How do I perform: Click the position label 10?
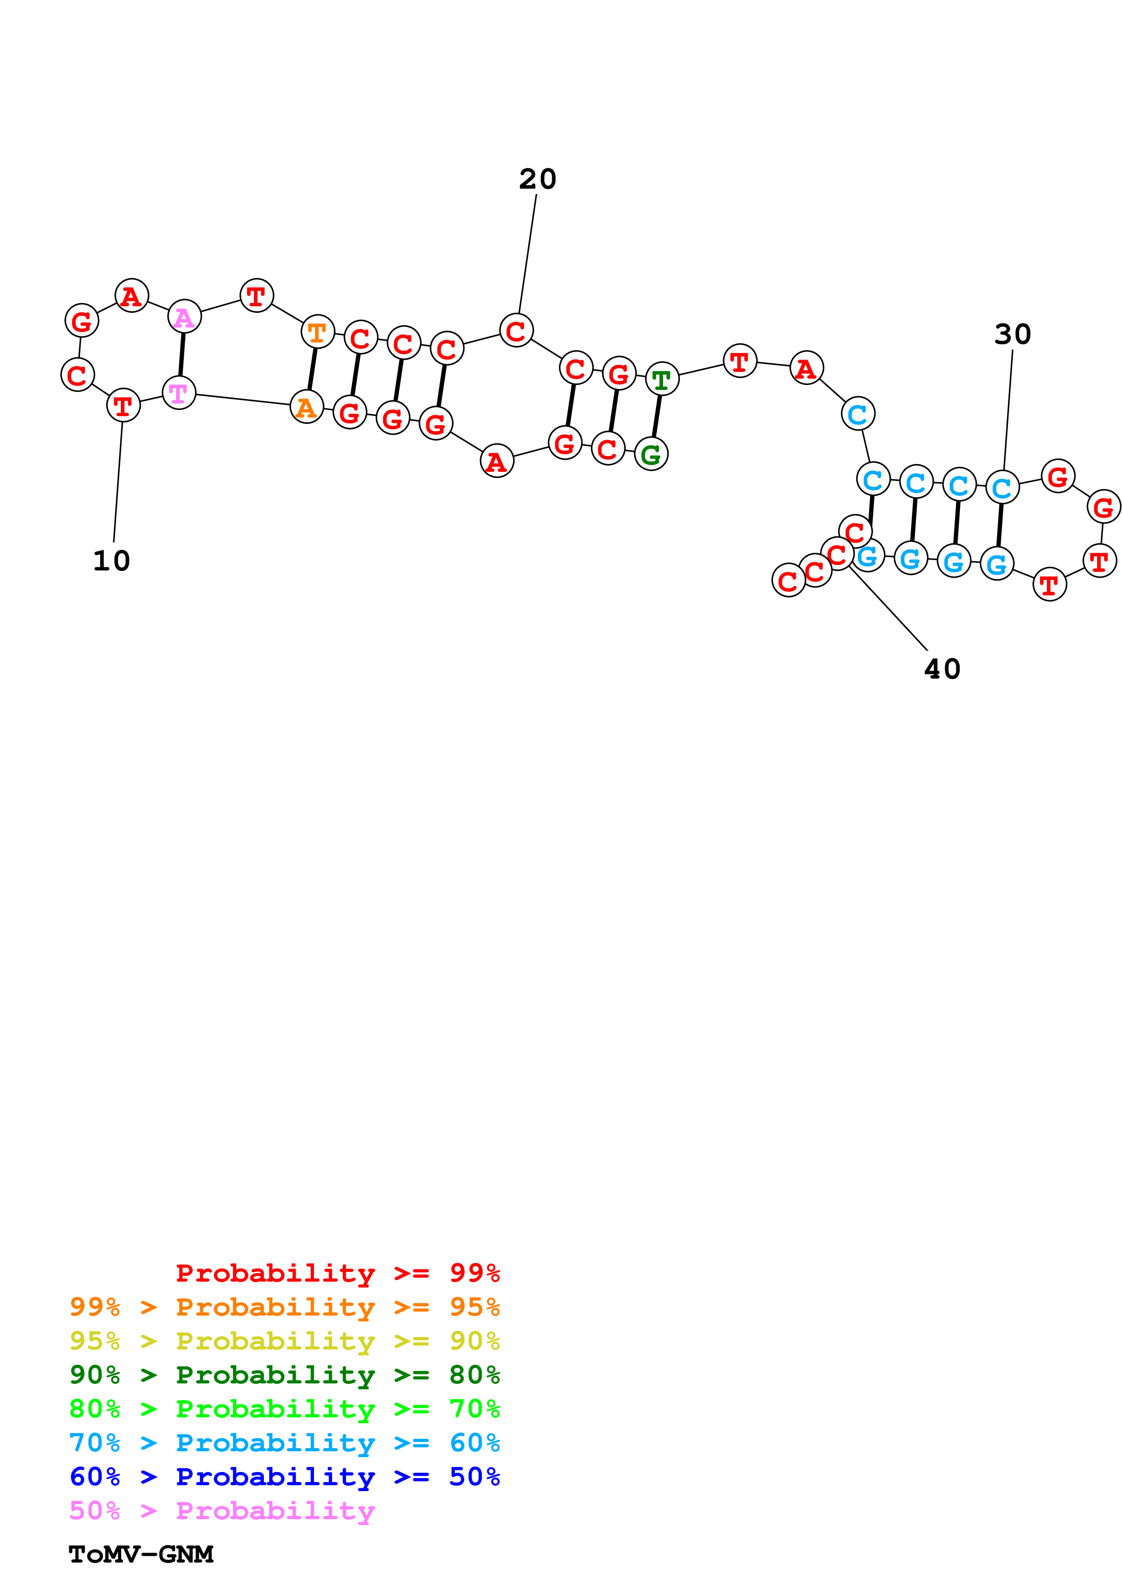coord(111,561)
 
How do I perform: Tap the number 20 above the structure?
coord(538,179)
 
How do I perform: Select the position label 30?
coord(1013,334)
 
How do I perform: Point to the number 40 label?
coord(942,669)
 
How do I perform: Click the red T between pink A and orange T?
coord(257,296)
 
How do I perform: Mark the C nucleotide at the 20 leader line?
coord(516,330)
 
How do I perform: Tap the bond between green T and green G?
coord(657,416)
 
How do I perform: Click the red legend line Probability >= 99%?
coord(338,1273)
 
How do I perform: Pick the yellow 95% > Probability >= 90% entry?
coord(285,1341)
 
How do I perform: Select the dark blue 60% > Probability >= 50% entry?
coord(285,1477)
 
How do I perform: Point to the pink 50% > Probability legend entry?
coord(222,1511)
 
